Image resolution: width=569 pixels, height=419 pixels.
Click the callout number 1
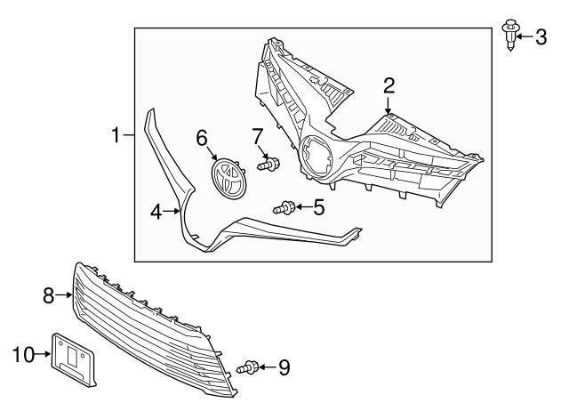click(x=115, y=135)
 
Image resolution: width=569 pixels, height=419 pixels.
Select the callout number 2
click(x=389, y=85)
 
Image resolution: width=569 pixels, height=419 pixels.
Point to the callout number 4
click(x=156, y=212)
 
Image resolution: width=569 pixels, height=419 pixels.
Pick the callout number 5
click(x=319, y=208)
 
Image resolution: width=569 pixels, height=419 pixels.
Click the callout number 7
click(x=258, y=136)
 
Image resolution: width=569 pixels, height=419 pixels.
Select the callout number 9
click(x=284, y=367)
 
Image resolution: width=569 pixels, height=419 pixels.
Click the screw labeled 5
click(x=284, y=208)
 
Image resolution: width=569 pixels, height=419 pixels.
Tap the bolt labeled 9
click(x=250, y=367)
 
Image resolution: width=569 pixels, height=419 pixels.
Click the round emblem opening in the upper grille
click(x=316, y=157)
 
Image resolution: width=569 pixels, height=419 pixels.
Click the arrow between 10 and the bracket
click(x=44, y=355)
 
